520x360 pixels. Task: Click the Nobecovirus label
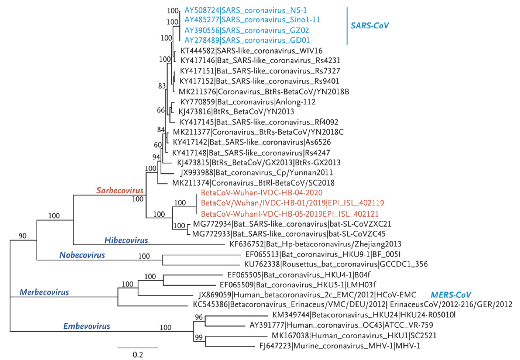point(85,255)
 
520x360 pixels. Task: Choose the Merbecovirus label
point(45,292)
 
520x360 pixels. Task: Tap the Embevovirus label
point(87,326)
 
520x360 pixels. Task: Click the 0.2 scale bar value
point(138,355)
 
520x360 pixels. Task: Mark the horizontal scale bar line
point(138,347)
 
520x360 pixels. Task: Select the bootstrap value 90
point(22,236)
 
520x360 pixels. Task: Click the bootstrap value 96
point(199,318)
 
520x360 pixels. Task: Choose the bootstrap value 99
point(199,337)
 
